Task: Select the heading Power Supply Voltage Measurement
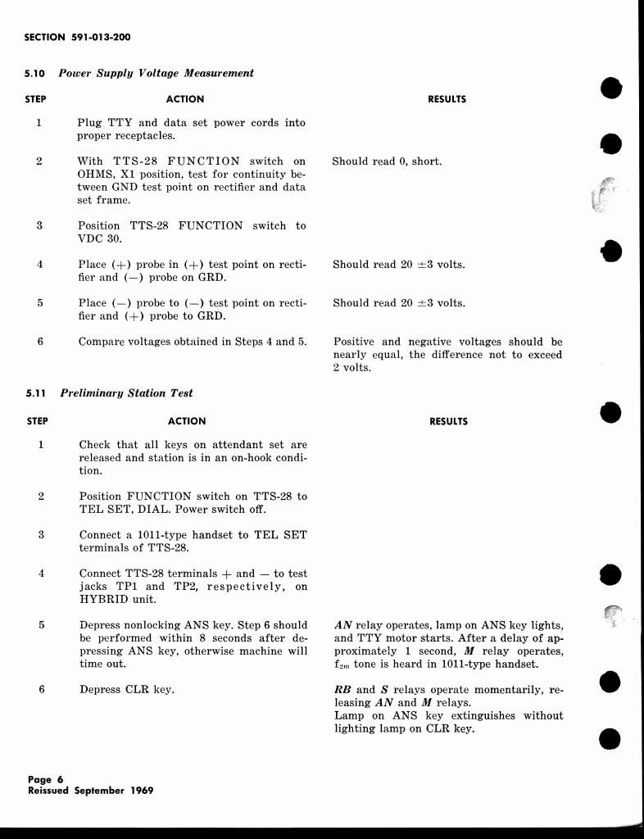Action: [156, 73]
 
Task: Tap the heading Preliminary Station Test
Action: [127, 393]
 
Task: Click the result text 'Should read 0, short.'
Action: [387, 161]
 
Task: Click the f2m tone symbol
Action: [342, 665]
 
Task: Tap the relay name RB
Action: [343, 690]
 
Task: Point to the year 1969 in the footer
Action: [139, 791]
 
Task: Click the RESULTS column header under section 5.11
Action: [448, 421]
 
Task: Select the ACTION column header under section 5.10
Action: [184, 99]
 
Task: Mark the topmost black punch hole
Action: [610, 88]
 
